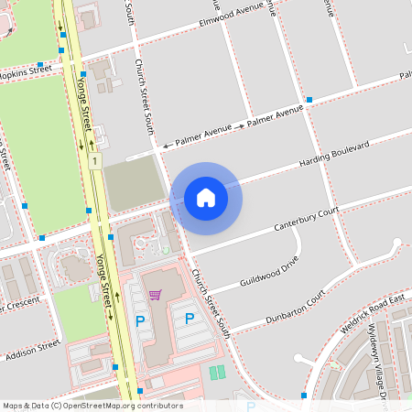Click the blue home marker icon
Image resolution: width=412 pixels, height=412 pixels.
click(206, 197)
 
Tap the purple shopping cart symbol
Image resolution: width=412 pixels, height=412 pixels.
click(156, 295)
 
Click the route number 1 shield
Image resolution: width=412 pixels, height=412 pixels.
click(94, 161)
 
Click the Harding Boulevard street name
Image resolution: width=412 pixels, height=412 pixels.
click(334, 156)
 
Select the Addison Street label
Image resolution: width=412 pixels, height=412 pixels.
click(31, 350)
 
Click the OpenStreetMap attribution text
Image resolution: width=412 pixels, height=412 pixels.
click(92, 406)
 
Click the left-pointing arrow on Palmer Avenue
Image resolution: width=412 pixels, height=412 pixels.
click(167, 145)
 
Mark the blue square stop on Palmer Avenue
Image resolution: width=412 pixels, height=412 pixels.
click(309, 99)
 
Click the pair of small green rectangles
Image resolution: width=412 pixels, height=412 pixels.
click(216, 373)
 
